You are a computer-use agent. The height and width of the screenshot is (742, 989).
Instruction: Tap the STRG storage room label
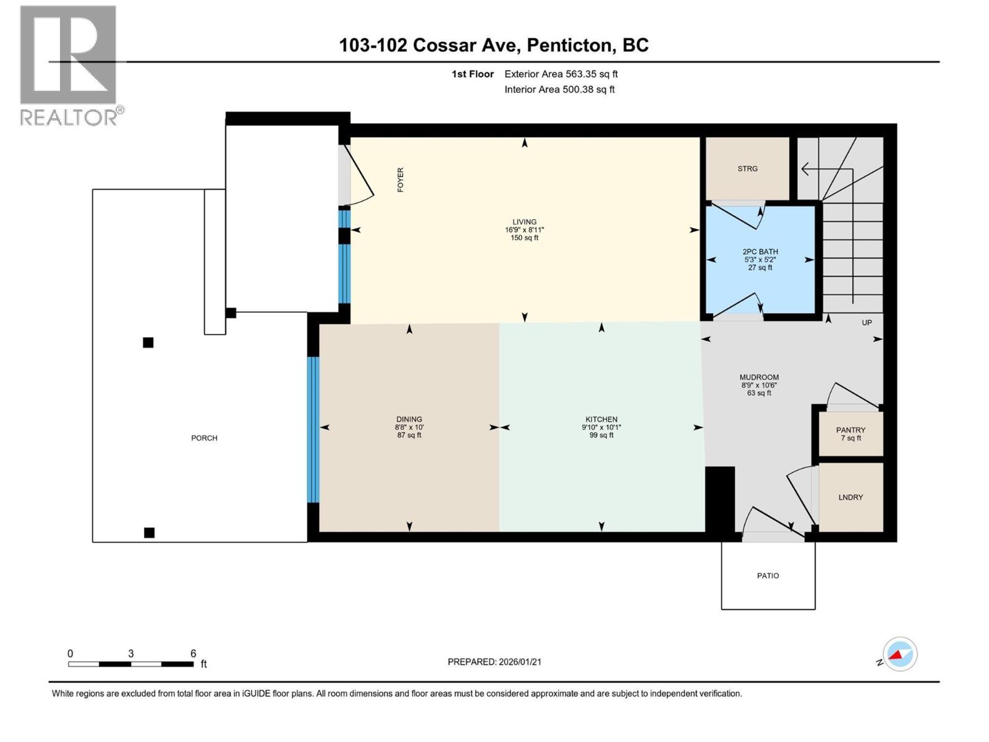tap(747, 169)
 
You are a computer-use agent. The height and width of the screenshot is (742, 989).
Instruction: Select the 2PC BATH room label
tap(760, 252)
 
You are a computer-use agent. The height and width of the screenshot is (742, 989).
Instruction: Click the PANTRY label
tap(851, 430)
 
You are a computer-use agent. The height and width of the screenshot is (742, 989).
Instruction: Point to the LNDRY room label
tap(851, 497)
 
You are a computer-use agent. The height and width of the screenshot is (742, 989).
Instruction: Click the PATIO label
tap(768, 576)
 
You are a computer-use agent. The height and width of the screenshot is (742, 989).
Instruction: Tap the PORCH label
tap(204, 438)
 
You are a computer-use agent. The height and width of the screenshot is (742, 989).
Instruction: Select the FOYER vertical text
tap(401, 180)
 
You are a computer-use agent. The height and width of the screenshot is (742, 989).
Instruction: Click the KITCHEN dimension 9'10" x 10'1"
tap(601, 427)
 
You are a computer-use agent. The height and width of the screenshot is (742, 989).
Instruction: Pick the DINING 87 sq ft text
tap(409, 435)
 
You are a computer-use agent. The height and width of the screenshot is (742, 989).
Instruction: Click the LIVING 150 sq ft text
tap(524, 238)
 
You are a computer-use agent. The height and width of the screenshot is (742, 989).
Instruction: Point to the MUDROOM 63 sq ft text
tap(759, 393)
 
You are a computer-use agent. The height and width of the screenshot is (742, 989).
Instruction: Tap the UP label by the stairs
tap(867, 323)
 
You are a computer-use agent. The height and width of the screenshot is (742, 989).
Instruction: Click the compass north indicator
tap(899, 654)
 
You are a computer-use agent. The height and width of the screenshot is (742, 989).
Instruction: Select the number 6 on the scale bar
tap(193, 654)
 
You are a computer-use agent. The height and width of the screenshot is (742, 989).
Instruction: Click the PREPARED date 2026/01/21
tap(519, 662)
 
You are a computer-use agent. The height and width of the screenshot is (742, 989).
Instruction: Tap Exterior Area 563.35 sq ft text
tap(561, 74)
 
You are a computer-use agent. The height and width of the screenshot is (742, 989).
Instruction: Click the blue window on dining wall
tap(313, 430)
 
